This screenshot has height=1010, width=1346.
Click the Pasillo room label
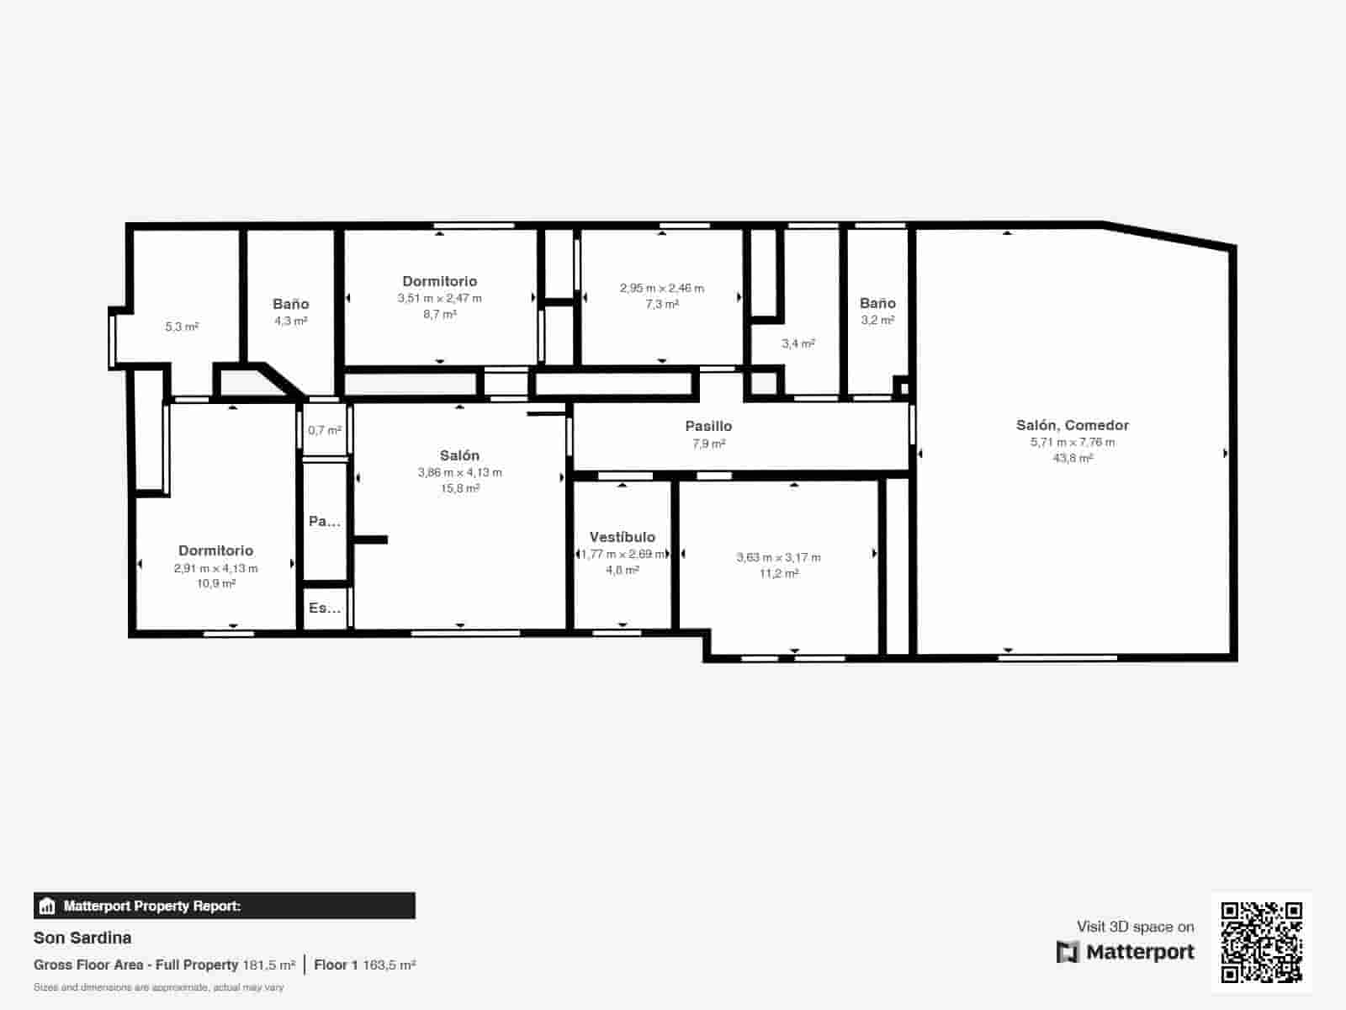click(708, 426)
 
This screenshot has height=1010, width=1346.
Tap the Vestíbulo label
click(623, 537)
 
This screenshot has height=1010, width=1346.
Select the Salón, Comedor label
click(1072, 425)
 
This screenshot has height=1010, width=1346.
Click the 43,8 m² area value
click(1073, 458)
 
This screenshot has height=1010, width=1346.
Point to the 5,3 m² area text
click(182, 327)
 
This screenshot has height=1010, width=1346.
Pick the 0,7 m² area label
click(325, 430)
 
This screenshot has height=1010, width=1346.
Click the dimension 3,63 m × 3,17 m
click(778, 557)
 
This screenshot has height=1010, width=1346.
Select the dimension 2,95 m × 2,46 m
click(662, 288)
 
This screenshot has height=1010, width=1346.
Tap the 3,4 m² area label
click(798, 343)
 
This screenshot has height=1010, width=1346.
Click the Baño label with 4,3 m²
click(291, 304)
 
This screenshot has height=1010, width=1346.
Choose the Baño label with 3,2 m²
click(877, 303)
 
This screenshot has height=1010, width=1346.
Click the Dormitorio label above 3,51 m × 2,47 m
click(440, 281)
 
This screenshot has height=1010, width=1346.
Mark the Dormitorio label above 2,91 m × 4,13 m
click(216, 550)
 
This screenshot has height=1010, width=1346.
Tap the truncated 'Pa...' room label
click(325, 521)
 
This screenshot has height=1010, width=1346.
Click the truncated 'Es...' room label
click(325, 608)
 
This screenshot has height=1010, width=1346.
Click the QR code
click(1261, 942)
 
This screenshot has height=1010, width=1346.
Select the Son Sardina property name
click(82, 938)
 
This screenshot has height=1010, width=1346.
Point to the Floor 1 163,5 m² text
click(365, 965)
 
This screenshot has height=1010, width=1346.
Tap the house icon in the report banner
click(47, 906)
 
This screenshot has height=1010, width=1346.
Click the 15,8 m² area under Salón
click(460, 488)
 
